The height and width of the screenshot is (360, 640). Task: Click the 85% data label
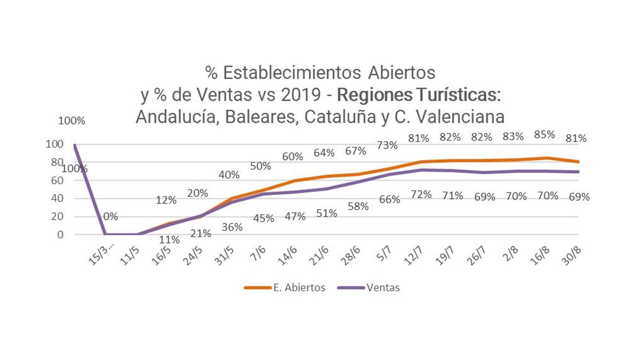pyautogui.click(x=544, y=135)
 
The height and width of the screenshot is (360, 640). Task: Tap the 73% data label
pyautogui.click(x=387, y=145)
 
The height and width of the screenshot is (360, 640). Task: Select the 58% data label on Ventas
pyautogui.click(x=358, y=206)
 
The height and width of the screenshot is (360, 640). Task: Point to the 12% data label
pyautogui.click(x=166, y=200)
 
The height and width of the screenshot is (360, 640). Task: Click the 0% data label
pyautogui.click(x=110, y=217)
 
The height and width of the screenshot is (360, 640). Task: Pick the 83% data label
pyautogui.click(x=513, y=137)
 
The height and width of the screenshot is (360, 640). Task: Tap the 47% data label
pyautogui.click(x=295, y=216)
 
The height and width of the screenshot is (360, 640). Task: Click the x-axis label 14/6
pyautogui.click(x=287, y=256)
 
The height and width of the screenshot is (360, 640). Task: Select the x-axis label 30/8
pyautogui.click(x=571, y=256)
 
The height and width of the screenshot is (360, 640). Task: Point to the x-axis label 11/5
pyautogui.click(x=130, y=256)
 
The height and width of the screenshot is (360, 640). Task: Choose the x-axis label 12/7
pyautogui.click(x=413, y=256)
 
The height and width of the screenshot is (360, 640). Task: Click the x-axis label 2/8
pyautogui.click(x=510, y=254)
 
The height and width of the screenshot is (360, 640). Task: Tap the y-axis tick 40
pyautogui.click(x=57, y=198)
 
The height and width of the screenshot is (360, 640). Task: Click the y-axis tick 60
pyautogui.click(x=57, y=180)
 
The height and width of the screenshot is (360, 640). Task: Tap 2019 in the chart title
pyautogui.click(x=301, y=95)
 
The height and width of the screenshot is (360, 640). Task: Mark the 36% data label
pyautogui.click(x=232, y=227)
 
